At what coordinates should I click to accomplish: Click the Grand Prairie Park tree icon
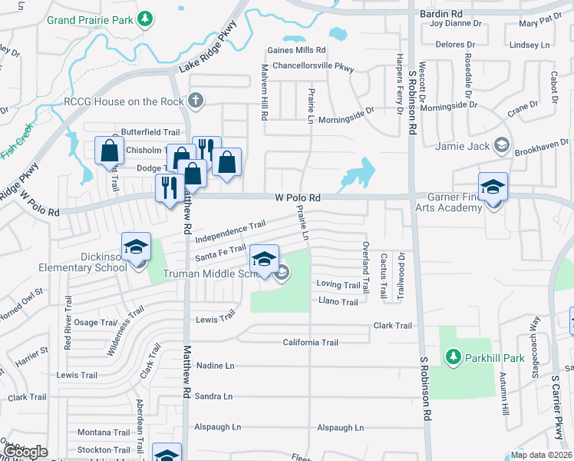(143, 18)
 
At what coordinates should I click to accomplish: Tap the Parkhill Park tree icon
(453, 357)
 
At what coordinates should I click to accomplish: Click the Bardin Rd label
(441, 14)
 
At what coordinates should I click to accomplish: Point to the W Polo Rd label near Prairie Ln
(297, 198)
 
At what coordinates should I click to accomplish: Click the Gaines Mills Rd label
(292, 50)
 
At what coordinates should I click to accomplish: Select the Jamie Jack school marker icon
(501, 144)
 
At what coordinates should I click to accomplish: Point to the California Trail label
(310, 343)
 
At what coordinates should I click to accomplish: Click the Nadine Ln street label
(215, 366)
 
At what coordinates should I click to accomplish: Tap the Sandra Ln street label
(213, 396)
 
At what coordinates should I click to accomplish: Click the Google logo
(26, 451)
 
